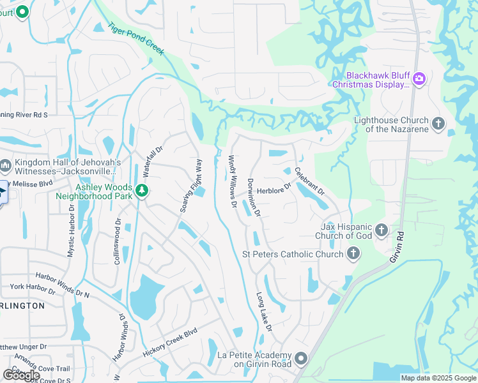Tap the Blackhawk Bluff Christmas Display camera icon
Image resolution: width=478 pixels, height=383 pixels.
(419, 79)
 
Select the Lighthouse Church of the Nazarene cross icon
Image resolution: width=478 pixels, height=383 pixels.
(438, 124)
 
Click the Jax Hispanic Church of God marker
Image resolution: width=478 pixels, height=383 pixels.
(382, 230)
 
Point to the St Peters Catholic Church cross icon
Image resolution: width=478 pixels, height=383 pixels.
(353, 255)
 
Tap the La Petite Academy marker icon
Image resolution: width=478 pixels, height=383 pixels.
(302, 359)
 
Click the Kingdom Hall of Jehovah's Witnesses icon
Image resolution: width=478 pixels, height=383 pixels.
(5, 167)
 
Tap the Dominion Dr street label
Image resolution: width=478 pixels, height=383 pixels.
(254, 197)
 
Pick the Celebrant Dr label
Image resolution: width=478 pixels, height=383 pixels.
(310, 181)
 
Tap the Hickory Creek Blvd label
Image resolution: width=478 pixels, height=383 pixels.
(171, 343)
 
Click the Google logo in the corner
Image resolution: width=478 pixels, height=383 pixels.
(20, 375)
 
